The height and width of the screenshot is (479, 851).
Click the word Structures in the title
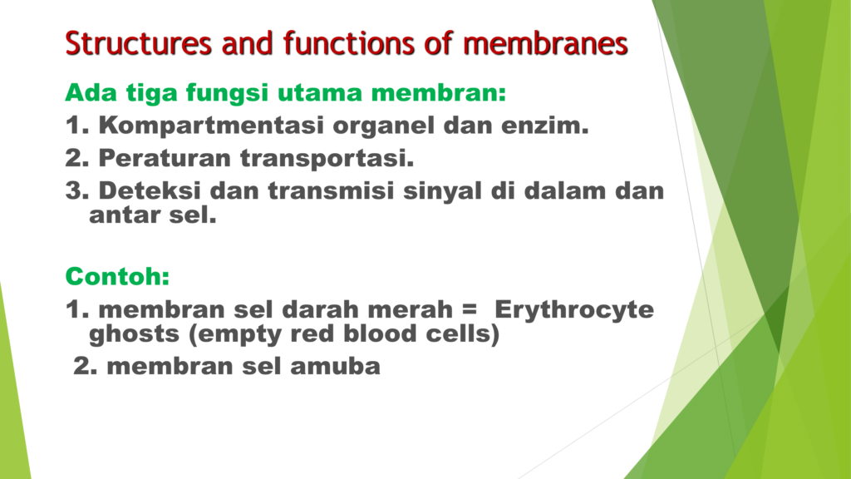(139, 43)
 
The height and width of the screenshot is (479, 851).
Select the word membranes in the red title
(545, 43)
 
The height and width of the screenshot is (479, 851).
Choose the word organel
(384, 126)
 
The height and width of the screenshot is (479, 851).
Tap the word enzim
(545, 126)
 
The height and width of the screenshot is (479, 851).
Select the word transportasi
(327, 159)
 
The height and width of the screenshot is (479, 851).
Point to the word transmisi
(331, 190)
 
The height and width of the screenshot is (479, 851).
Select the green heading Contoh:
(118, 276)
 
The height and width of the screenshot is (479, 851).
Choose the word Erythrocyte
(574, 309)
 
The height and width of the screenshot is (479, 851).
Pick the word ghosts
(134, 334)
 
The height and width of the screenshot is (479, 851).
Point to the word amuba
(336, 366)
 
